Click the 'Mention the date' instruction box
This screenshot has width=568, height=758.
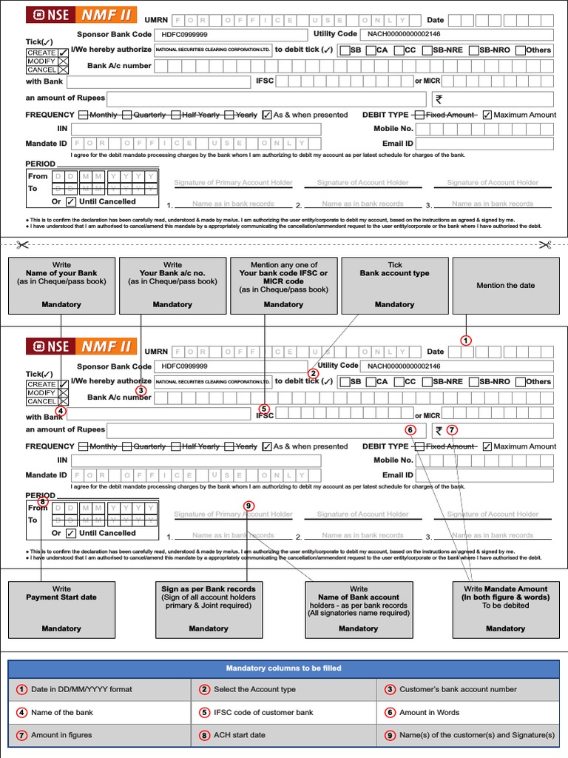506,286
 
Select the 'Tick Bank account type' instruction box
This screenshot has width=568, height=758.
395,285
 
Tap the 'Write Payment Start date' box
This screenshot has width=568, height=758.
61,609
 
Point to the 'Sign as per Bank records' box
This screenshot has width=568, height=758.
209,609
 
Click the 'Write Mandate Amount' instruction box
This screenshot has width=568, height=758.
505,609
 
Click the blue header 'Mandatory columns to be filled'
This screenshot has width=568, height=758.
284,668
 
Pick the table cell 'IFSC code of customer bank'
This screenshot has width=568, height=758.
283,712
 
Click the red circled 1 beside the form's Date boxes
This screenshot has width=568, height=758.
466,341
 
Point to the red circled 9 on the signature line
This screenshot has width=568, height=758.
248,506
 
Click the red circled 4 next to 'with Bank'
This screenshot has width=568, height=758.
61,412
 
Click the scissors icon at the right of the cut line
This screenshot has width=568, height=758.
545,245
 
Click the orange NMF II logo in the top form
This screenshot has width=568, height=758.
108,14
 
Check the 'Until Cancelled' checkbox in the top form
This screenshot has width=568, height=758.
70,201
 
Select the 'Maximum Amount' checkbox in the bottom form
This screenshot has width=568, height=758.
487,446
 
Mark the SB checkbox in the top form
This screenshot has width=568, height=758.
345,50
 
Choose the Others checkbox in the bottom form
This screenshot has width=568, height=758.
521,382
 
